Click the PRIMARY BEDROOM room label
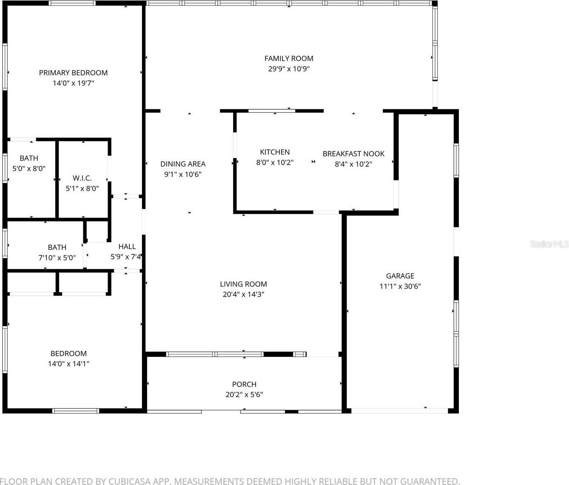point(73,73)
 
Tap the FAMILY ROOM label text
point(289,58)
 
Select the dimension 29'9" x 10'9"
point(289,69)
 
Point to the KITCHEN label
point(275,152)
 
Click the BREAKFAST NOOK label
point(353,154)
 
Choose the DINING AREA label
point(183,164)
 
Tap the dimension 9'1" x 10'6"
point(183,174)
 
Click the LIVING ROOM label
point(243,284)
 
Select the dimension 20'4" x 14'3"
point(243,294)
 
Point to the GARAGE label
point(400,276)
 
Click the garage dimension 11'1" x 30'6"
point(400,286)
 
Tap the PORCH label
point(244,384)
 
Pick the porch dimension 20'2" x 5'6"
point(244,394)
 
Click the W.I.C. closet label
point(82,178)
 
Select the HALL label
point(127,246)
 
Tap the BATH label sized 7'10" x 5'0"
point(57,247)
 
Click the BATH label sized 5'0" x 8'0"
point(29,158)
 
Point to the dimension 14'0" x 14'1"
point(68,364)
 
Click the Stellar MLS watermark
point(549,244)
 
